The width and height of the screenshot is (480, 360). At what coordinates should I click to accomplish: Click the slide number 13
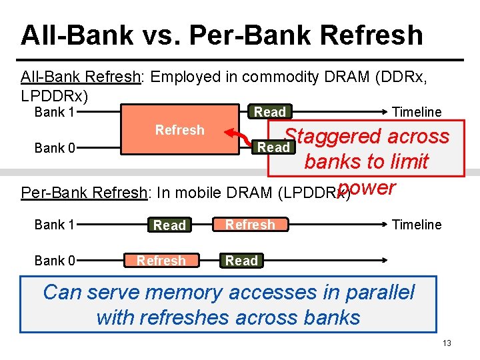click(x=447, y=343)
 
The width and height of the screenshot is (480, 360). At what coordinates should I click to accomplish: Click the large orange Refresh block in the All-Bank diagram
click(x=179, y=130)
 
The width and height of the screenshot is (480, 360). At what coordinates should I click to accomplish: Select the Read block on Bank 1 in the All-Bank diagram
click(x=270, y=112)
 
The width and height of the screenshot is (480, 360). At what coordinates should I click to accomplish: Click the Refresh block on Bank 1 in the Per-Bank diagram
click(x=250, y=225)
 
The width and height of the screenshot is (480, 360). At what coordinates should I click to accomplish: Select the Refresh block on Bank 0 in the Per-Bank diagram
click(x=161, y=261)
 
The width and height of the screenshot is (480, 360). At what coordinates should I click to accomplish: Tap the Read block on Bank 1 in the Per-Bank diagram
click(x=169, y=225)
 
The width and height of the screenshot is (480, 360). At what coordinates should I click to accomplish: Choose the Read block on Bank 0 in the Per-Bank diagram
click(x=241, y=261)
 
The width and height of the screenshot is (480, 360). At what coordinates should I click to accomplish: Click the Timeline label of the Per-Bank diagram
click(x=417, y=225)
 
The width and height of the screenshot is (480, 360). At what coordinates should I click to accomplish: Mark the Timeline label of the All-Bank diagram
click(x=417, y=112)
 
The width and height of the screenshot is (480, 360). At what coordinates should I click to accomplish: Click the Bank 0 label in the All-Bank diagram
click(x=55, y=148)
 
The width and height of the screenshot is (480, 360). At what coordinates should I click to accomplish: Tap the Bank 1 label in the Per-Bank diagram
click(x=55, y=225)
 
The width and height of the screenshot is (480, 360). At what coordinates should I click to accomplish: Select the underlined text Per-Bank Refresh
click(x=83, y=193)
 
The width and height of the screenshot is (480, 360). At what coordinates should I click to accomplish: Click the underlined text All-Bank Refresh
click(x=81, y=77)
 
